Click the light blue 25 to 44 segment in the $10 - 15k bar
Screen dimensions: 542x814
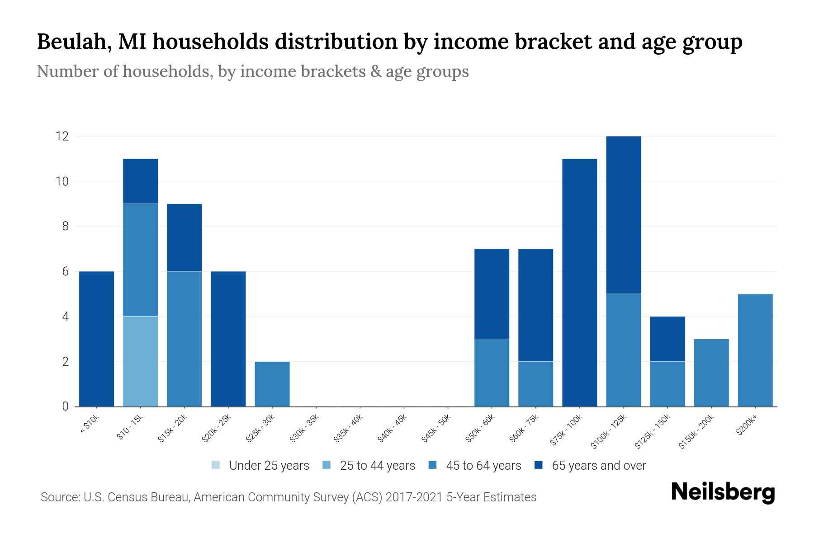pos(140,361)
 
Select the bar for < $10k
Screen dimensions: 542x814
pos(96,339)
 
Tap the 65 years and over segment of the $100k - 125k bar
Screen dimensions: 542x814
pos(623,215)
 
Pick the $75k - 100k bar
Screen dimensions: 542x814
pos(579,282)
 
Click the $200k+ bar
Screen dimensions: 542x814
pos(755,350)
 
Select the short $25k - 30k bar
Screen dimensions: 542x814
pos(272,384)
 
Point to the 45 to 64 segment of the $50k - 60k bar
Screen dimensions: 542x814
pos(492,373)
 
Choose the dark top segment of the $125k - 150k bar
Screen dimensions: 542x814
pos(667,339)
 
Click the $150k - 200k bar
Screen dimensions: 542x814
pos(711,373)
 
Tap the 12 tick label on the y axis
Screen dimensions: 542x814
pos(62,136)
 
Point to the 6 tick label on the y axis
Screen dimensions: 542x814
pos(66,271)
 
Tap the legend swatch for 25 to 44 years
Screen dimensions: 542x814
pos(327,465)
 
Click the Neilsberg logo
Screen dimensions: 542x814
pos(723,492)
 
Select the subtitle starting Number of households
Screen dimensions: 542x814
pos(252,71)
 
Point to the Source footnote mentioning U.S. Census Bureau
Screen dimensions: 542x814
pos(288,497)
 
